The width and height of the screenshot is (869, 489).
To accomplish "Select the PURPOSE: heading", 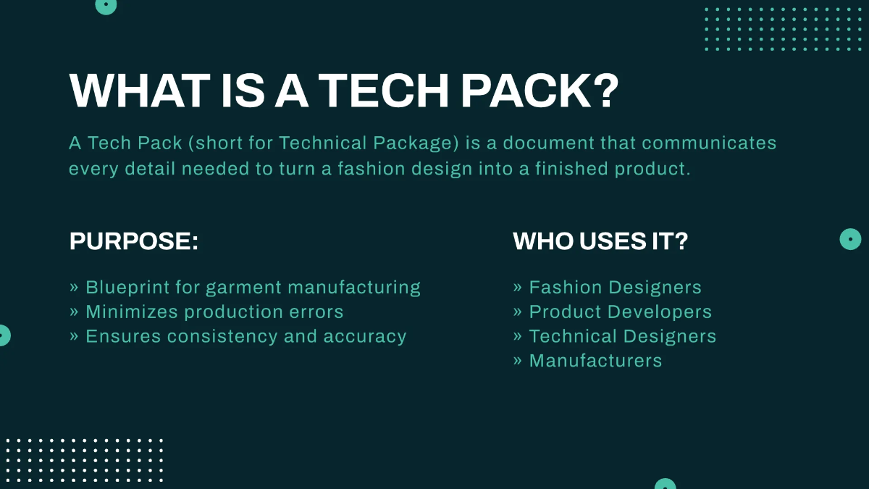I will point(134,241).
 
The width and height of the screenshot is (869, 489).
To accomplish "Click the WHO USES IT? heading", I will point(600,241).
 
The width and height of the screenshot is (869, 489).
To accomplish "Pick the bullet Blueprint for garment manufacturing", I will point(245,288).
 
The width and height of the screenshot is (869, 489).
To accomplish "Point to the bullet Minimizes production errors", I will point(206,312).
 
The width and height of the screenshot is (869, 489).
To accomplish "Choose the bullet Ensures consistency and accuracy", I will point(238,337).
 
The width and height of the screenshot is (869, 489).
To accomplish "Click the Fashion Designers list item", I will point(608,288).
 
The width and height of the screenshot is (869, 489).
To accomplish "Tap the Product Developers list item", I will point(613,312).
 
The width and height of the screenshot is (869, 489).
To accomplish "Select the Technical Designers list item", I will point(615,337).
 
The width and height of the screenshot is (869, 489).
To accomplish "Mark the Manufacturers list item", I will point(588,361).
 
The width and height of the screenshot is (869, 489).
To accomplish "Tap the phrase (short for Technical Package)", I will point(324,143).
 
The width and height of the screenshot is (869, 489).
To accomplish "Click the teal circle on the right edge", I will point(850,239).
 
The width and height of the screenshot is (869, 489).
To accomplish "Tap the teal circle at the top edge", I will point(106,5).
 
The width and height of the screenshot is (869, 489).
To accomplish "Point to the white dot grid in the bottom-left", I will point(84,461).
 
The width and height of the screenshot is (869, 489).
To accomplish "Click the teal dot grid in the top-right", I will point(784,29).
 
